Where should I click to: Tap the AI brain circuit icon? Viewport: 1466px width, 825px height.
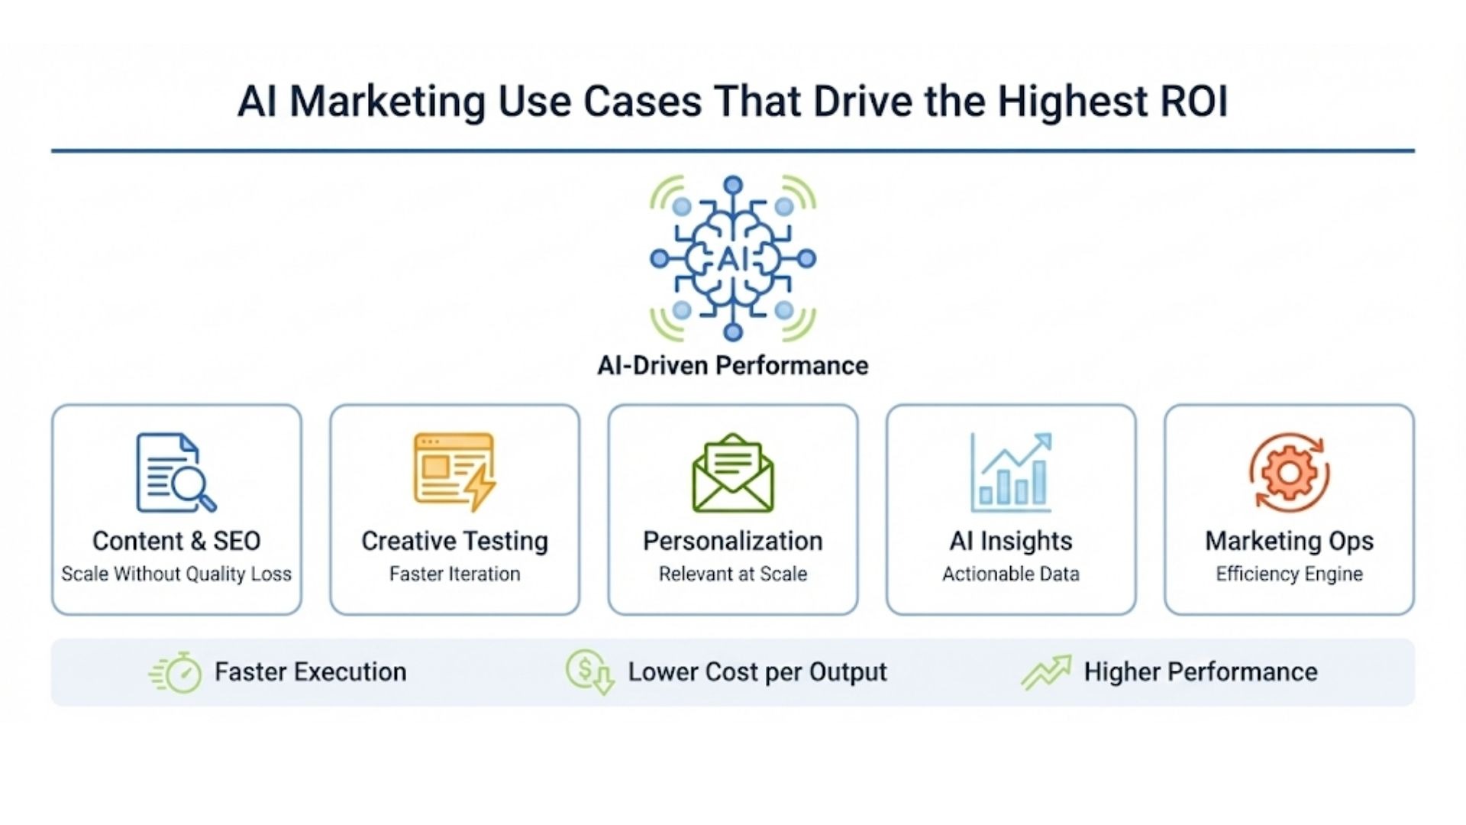click(x=733, y=258)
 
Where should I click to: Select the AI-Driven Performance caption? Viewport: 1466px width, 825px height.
click(x=733, y=365)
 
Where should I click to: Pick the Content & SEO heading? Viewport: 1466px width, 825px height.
click(x=176, y=541)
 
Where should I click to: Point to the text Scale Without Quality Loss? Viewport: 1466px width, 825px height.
click(x=176, y=574)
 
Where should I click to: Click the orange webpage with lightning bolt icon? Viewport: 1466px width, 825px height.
click(x=454, y=472)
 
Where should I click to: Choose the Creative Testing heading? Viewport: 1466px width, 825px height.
click(x=454, y=541)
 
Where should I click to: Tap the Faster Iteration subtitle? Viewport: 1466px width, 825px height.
click(x=454, y=574)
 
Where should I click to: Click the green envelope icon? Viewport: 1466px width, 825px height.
click(x=733, y=472)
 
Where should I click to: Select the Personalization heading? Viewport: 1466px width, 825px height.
click(x=733, y=541)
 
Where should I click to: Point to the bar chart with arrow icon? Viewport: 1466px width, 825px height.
click(x=1011, y=472)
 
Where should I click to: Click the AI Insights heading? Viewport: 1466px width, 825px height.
click(x=1011, y=541)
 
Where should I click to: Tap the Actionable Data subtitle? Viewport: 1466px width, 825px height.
click(x=1011, y=574)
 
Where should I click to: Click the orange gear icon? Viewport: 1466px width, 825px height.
click(x=1290, y=472)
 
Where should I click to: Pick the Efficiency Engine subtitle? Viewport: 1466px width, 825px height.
click(x=1290, y=574)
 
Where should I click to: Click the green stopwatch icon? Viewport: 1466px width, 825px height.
click(x=176, y=672)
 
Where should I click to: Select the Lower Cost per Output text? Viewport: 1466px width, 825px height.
click(x=757, y=672)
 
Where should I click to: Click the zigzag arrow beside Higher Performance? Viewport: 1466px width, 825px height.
click(x=1046, y=672)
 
